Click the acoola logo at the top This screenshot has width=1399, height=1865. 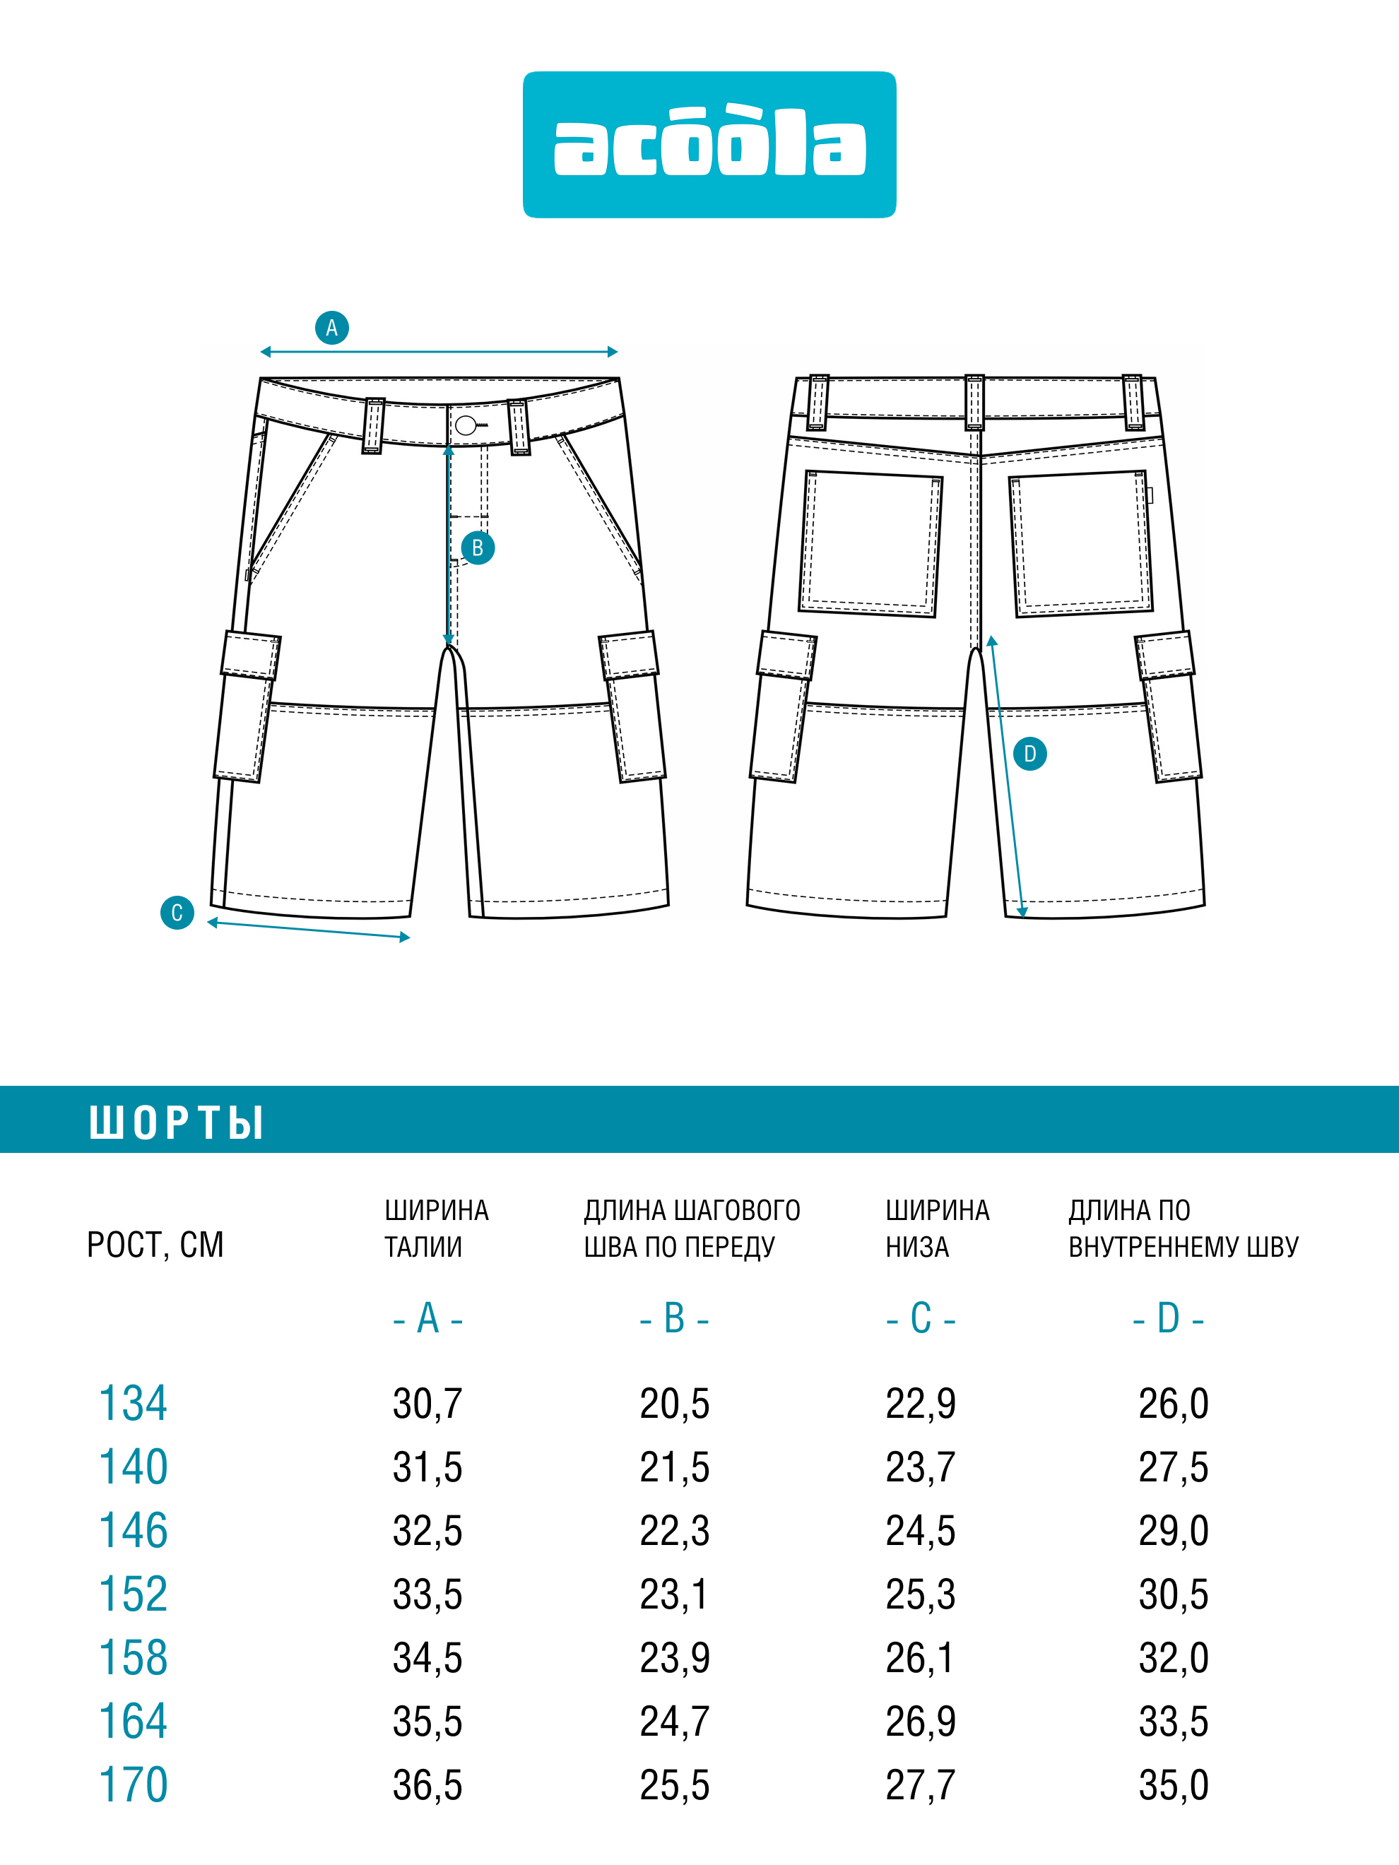(709, 145)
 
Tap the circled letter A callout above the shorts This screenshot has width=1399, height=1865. (332, 328)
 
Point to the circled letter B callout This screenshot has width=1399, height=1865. (478, 548)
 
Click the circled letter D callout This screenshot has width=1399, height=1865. (1029, 754)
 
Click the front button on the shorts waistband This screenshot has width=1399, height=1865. (466, 425)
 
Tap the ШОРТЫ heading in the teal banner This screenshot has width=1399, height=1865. (176, 1123)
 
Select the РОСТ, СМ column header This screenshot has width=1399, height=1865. (155, 1245)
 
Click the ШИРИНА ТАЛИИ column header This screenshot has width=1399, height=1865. (437, 1228)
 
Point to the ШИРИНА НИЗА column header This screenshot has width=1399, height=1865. (937, 1228)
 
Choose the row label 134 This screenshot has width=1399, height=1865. (134, 1404)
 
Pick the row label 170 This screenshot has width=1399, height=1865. (134, 1785)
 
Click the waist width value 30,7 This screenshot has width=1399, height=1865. (427, 1404)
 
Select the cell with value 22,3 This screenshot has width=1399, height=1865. (675, 1530)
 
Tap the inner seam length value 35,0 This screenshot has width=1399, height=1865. (1174, 1785)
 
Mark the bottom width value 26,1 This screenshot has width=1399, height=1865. (920, 1657)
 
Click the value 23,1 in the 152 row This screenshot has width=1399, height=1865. (674, 1594)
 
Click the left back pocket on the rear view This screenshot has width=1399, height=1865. (870, 544)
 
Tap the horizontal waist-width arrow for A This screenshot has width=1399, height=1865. (439, 352)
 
